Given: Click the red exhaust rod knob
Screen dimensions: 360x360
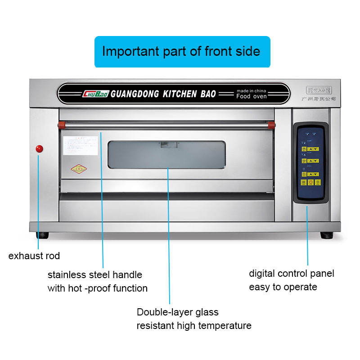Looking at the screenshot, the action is [39, 148].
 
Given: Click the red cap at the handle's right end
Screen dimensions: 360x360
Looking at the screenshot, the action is [271, 124].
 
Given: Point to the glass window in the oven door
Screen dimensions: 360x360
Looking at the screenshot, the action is [166, 155].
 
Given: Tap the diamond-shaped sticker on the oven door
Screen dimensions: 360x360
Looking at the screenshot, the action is [79, 169].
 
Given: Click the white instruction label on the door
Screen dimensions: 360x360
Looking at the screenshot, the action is [80, 145].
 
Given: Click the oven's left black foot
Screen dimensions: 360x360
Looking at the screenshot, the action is [43, 235].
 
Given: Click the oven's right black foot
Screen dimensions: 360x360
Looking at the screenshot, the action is [327, 235].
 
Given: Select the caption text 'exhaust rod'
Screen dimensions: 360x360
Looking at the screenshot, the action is [34, 256].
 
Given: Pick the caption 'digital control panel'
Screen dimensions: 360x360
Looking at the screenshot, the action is [292, 273].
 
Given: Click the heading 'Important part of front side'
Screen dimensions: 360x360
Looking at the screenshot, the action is [181, 51].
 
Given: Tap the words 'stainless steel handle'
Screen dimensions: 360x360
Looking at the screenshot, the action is [95, 274].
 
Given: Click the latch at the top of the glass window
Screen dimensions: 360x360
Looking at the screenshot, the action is [165, 144].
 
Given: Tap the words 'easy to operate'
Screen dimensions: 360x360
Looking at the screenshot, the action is [283, 287].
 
